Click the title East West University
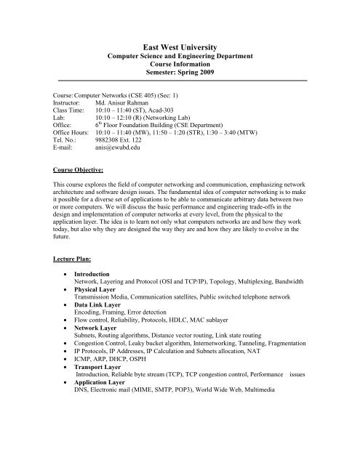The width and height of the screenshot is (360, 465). tap(179, 44)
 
